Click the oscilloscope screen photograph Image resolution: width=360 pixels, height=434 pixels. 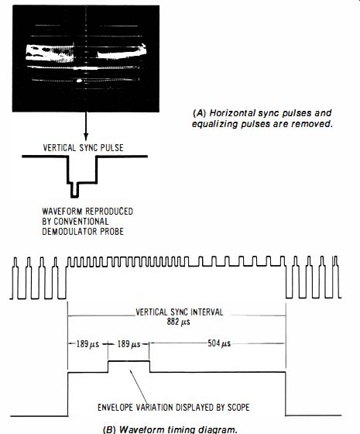[86, 58]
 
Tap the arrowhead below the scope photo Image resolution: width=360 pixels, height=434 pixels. [86, 137]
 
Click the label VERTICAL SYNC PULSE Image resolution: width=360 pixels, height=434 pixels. [84, 147]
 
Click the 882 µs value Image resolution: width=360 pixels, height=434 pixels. [178, 322]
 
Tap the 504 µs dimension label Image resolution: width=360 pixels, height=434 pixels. [219, 343]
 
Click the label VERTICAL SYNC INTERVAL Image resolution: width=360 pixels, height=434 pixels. [179, 312]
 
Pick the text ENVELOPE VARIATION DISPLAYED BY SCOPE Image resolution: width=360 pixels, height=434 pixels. [173, 407]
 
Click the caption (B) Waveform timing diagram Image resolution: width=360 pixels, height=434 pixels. [170, 429]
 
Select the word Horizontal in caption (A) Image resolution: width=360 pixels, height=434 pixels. [232, 113]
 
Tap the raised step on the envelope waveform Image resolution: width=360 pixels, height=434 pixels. [129, 361]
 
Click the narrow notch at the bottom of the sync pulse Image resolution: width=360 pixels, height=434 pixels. [74, 190]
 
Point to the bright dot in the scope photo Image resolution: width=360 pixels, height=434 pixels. [79, 81]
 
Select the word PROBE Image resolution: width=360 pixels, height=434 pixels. [113, 231]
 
